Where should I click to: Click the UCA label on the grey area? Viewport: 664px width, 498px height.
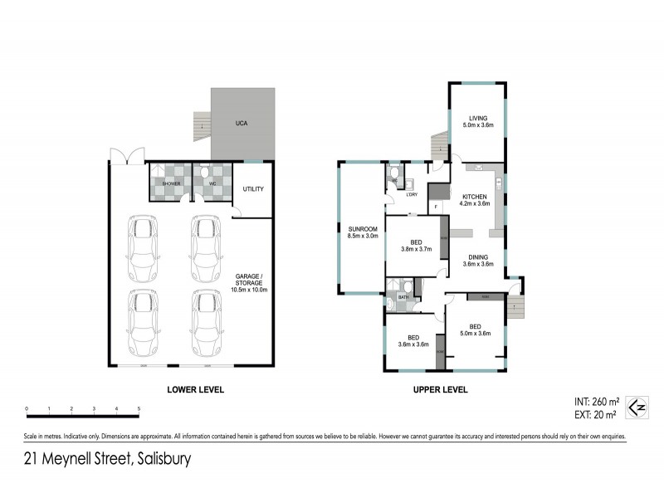point(242,124)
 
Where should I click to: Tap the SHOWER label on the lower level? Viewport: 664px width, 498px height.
point(171,183)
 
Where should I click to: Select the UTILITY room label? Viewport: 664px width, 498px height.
point(253,189)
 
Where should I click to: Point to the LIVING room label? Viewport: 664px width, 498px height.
point(477,118)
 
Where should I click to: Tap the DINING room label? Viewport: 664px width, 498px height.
point(478,256)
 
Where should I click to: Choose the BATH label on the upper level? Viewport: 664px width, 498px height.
point(403,296)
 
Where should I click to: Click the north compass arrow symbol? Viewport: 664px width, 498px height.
point(636,406)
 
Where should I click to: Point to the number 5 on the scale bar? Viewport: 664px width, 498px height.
point(139,408)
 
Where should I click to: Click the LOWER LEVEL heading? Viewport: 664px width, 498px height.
point(195,388)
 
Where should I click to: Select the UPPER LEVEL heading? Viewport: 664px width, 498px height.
point(440,388)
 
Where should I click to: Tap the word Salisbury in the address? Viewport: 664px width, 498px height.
point(161,459)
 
